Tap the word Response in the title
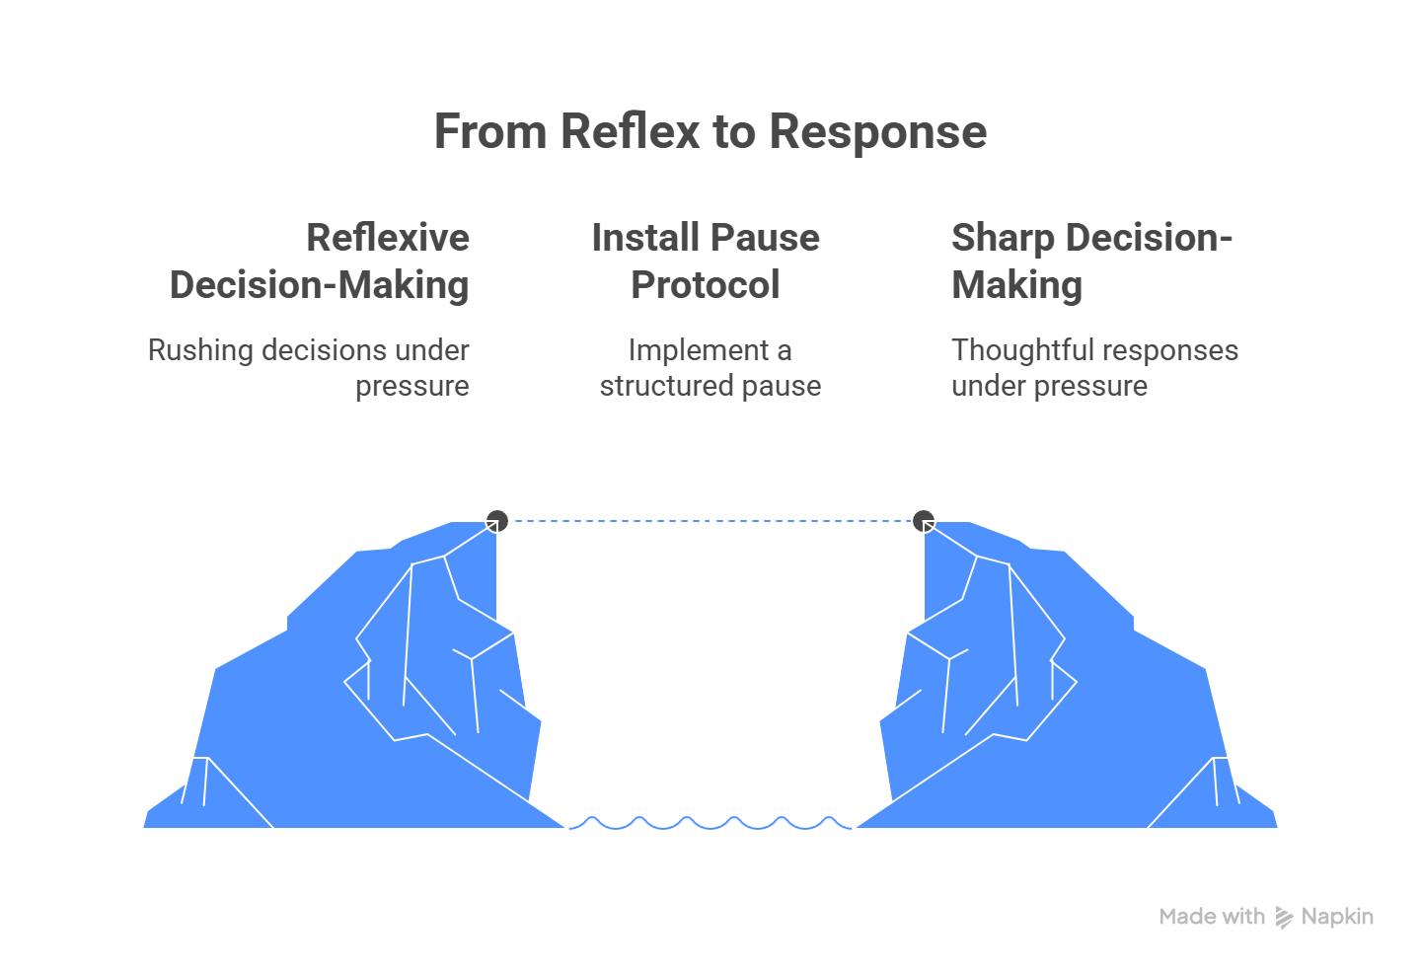[877, 131]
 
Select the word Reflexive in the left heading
[388, 238]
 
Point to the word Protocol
[706, 285]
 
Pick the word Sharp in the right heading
[1003, 238]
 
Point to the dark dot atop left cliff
[497, 520]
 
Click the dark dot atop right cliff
[924, 520]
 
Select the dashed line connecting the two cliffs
[710, 521]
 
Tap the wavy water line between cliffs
[710, 823]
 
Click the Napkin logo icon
[1284, 918]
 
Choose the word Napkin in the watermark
[1337, 917]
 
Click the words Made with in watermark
[1212, 917]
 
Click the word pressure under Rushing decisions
[412, 386]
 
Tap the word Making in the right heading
[1016, 285]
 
